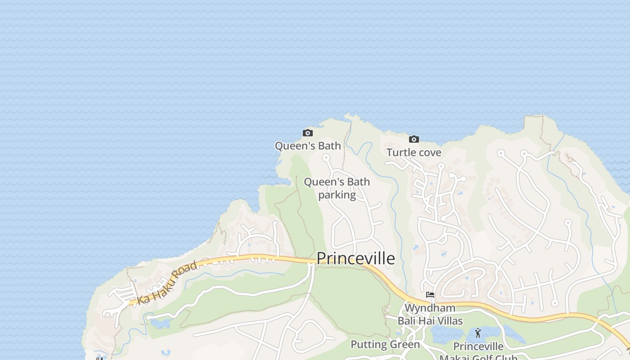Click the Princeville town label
point(355,258)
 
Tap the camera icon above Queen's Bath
point(308,133)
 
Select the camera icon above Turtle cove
point(414,139)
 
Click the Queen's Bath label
point(308,146)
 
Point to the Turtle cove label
point(414,153)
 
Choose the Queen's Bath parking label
point(337,188)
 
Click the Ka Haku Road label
point(167,283)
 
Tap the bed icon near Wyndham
point(430,295)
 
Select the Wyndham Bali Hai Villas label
point(430,314)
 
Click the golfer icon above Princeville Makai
point(478,333)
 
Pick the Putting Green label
point(385,345)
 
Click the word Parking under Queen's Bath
point(337,195)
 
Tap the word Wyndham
point(430,308)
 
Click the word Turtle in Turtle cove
point(400,153)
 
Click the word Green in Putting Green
point(405,345)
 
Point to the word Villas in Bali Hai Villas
point(448,321)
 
